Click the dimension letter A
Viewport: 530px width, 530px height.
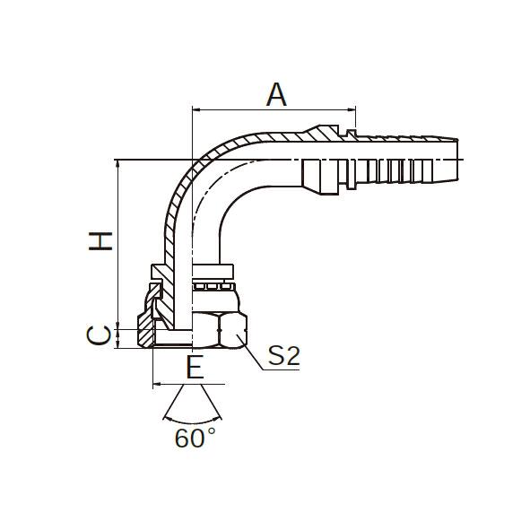pyautogui.click(x=276, y=95)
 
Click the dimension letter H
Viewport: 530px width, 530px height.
pyautogui.click(x=100, y=241)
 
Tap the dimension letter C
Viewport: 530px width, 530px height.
pyautogui.click(x=99, y=335)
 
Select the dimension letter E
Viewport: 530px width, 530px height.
pyautogui.click(x=195, y=367)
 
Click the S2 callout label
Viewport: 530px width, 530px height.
pyautogui.click(x=284, y=355)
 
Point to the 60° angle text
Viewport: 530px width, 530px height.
pyautogui.click(x=195, y=438)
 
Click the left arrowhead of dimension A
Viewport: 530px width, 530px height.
pyautogui.click(x=196, y=109)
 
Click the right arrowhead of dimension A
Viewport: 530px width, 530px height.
pyautogui.click(x=352, y=109)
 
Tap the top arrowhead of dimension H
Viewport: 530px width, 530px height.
pyautogui.click(x=117, y=163)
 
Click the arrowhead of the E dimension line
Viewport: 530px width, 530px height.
pyautogui.click(x=157, y=384)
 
